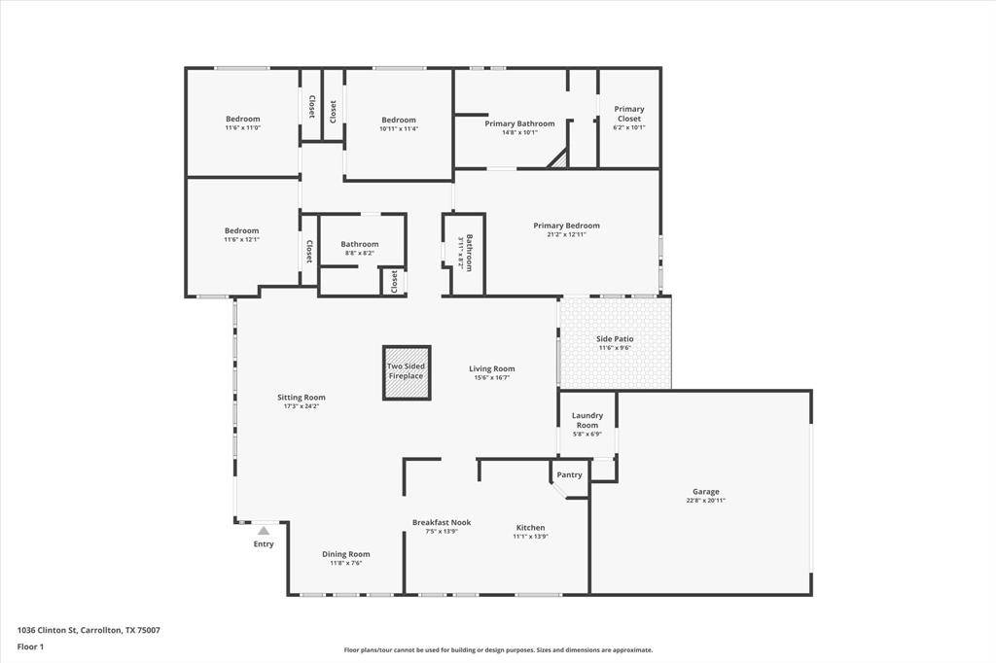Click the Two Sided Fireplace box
click(407, 372)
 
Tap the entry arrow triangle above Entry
click(263, 531)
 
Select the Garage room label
click(706, 492)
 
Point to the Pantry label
click(570, 475)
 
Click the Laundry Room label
click(587, 420)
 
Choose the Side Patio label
click(615, 339)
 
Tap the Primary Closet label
click(629, 114)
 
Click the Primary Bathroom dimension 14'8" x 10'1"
click(519, 132)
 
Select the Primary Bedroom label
click(566, 226)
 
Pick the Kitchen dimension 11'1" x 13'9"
click(530, 537)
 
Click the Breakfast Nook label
click(442, 522)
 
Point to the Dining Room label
click(346, 554)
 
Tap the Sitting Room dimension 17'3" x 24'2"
click(302, 406)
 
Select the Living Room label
click(492, 368)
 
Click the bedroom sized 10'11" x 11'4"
click(399, 123)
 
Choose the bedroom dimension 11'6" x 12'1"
click(242, 239)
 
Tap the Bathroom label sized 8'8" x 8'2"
click(360, 244)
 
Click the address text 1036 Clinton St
click(47, 630)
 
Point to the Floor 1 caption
click(31, 646)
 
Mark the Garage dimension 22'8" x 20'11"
click(706, 501)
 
